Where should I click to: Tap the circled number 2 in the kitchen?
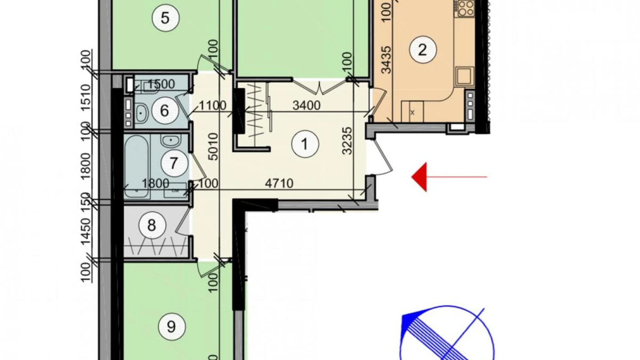pyautogui.click(x=422, y=50)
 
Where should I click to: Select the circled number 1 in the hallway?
pyautogui.click(x=304, y=144)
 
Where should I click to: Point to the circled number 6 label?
pyautogui.click(x=165, y=111)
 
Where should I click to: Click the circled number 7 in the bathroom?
pyautogui.click(x=174, y=163)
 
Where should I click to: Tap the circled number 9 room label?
pyautogui.click(x=171, y=326)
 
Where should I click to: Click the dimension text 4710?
pyautogui.click(x=279, y=183)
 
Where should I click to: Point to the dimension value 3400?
pyautogui.click(x=306, y=105)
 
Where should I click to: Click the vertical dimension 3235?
pyautogui.click(x=347, y=141)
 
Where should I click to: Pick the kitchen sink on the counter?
pyautogui.click(x=463, y=76)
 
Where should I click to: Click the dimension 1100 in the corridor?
pyautogui.click(x=212, y=105)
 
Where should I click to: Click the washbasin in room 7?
pyautogui.click(x=170, y=141)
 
